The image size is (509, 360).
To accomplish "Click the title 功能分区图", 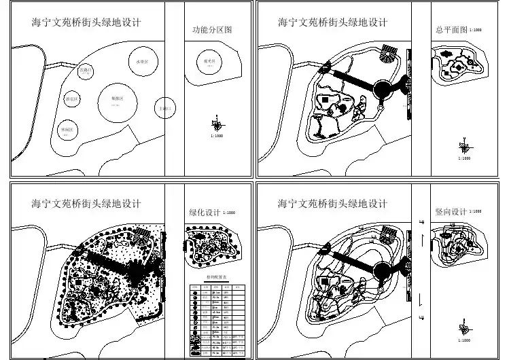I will (213, 31).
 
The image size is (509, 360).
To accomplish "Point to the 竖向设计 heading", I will (450, 212).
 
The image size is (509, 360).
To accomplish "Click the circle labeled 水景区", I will (142, 62).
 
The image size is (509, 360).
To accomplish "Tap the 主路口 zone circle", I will (165, 108).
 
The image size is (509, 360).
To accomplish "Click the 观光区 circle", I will (210, 63).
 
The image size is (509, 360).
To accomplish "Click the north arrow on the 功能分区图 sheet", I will (216, 124).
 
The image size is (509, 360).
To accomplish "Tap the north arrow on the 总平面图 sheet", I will (465, 145).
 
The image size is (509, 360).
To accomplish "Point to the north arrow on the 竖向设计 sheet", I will (465, 328).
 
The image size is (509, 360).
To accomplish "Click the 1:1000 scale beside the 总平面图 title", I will (476, 31).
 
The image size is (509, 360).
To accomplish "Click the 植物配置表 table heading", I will (216, 277).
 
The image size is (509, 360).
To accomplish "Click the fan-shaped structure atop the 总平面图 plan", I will (389, 51).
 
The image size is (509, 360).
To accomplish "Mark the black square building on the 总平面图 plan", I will (324, 100).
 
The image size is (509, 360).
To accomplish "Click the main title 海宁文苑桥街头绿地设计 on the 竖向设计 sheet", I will (332, 203).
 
